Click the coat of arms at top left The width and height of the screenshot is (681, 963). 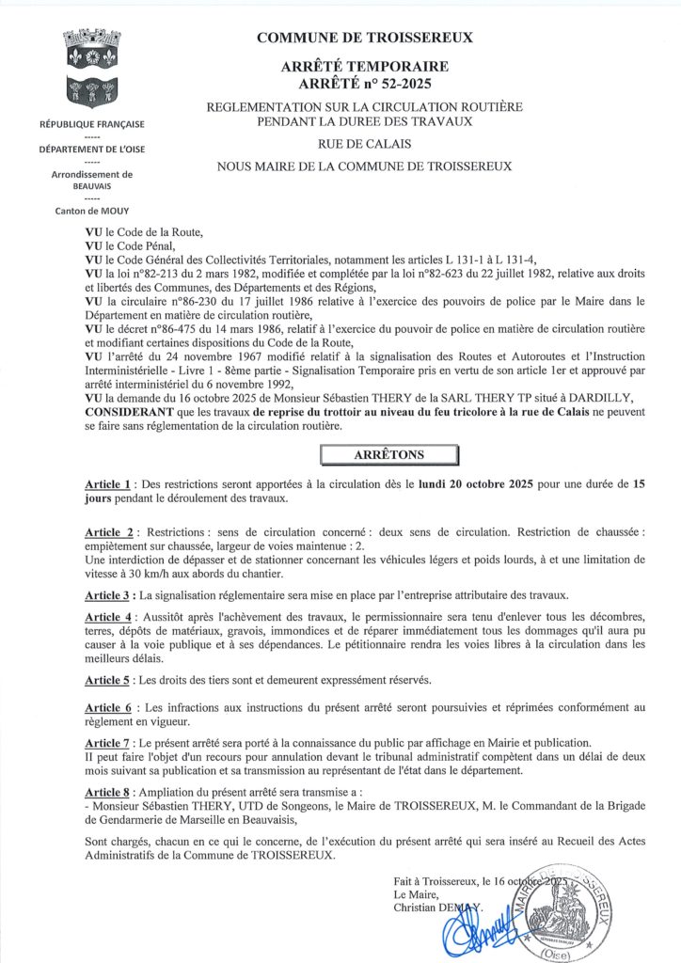coord(91,69)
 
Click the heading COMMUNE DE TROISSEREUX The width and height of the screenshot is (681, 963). coord(364,38)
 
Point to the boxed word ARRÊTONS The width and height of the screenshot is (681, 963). coord(388,454)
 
